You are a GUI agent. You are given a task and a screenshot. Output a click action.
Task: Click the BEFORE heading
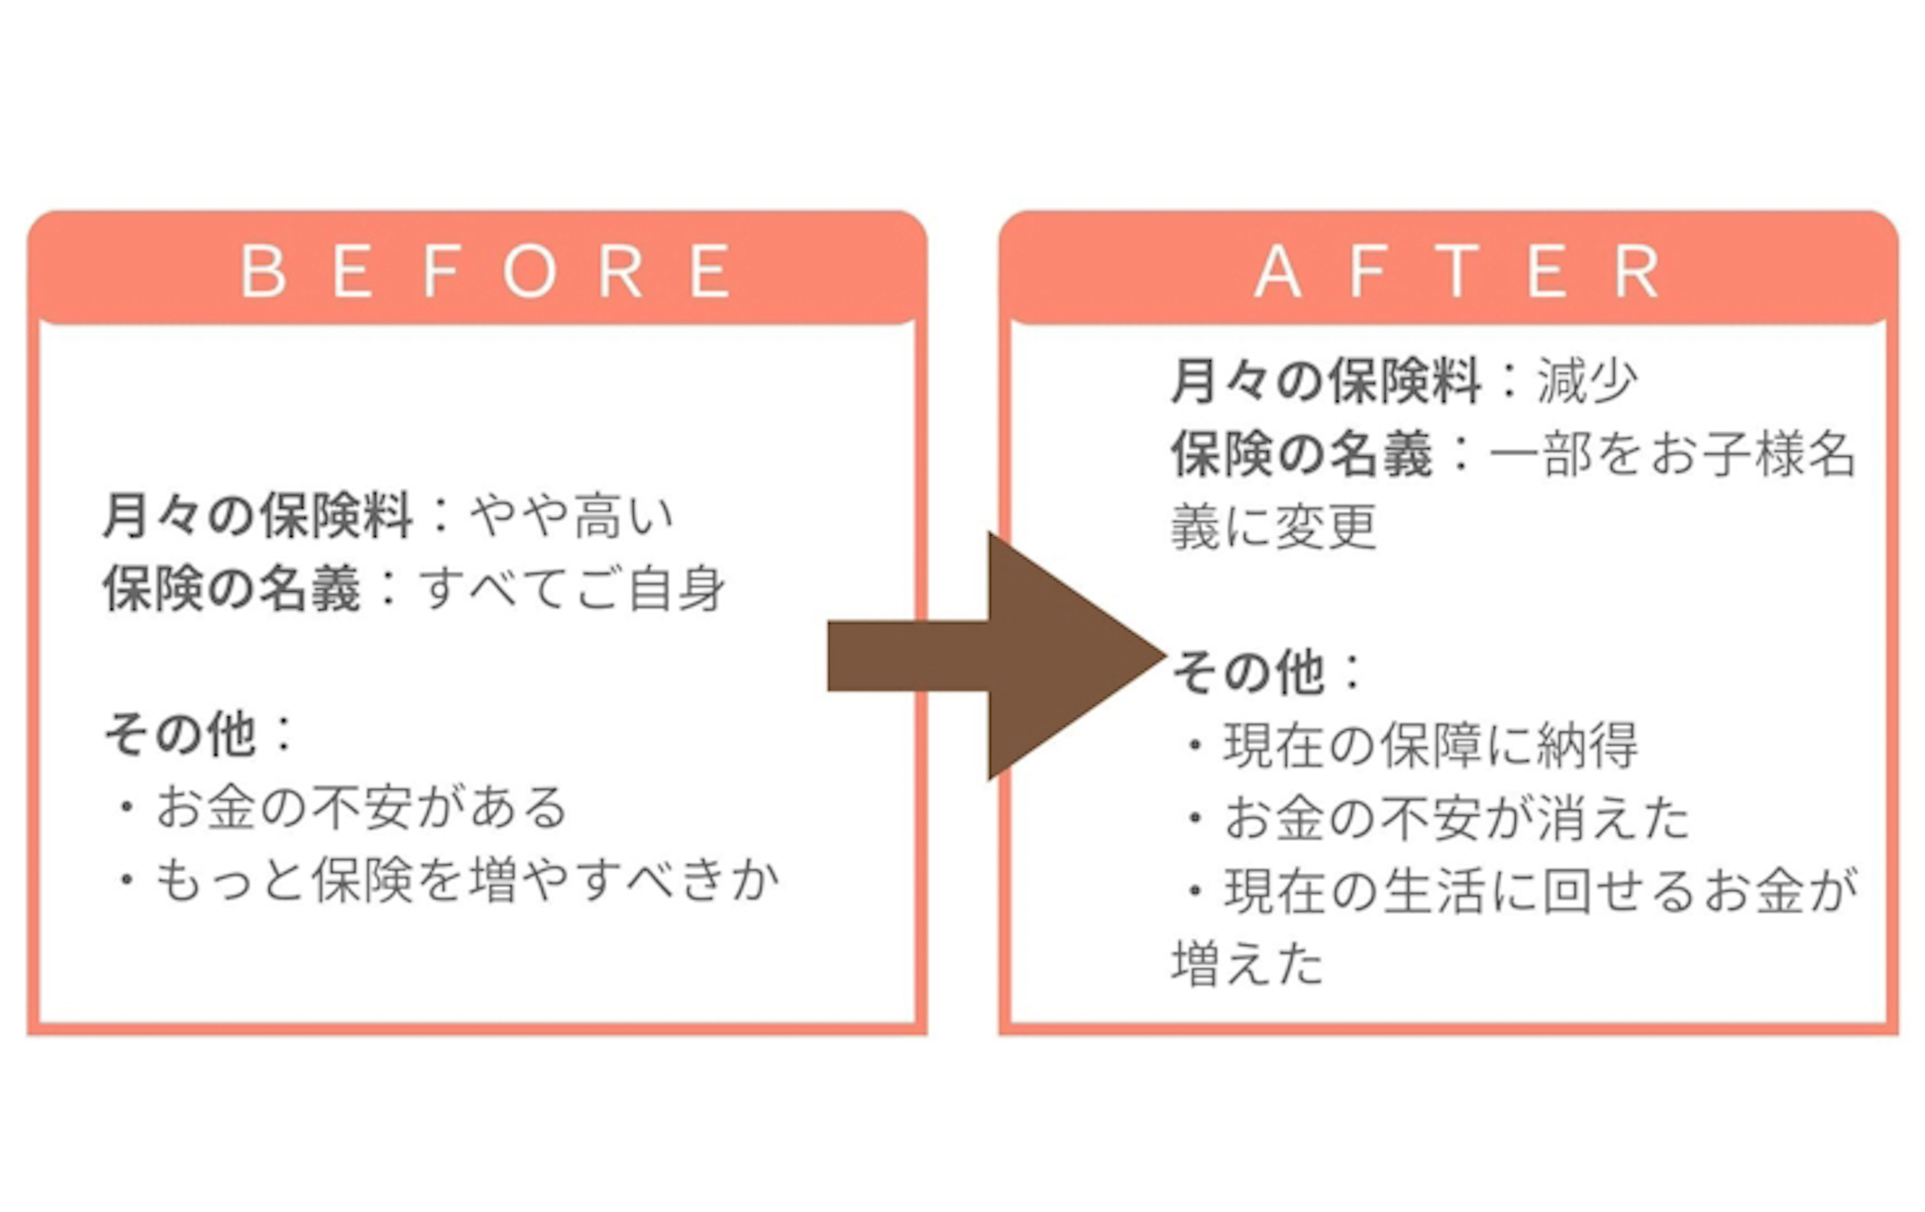(x=486, y=271)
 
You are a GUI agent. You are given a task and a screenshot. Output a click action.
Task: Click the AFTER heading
(x=1457, y=271)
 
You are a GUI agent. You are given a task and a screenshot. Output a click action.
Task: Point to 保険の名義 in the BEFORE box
(x=232, y=589)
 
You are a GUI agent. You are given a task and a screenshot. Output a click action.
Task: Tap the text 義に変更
(x=1273, y=527)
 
